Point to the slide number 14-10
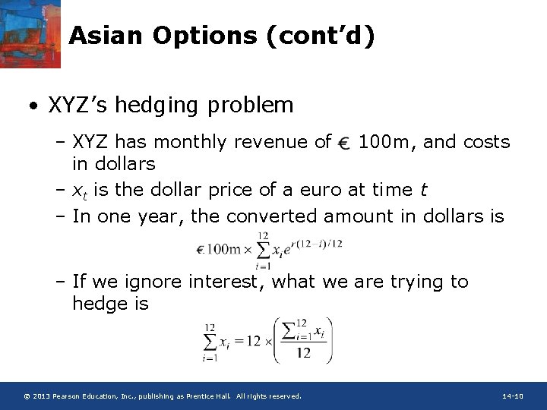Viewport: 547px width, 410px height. [513, 396]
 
